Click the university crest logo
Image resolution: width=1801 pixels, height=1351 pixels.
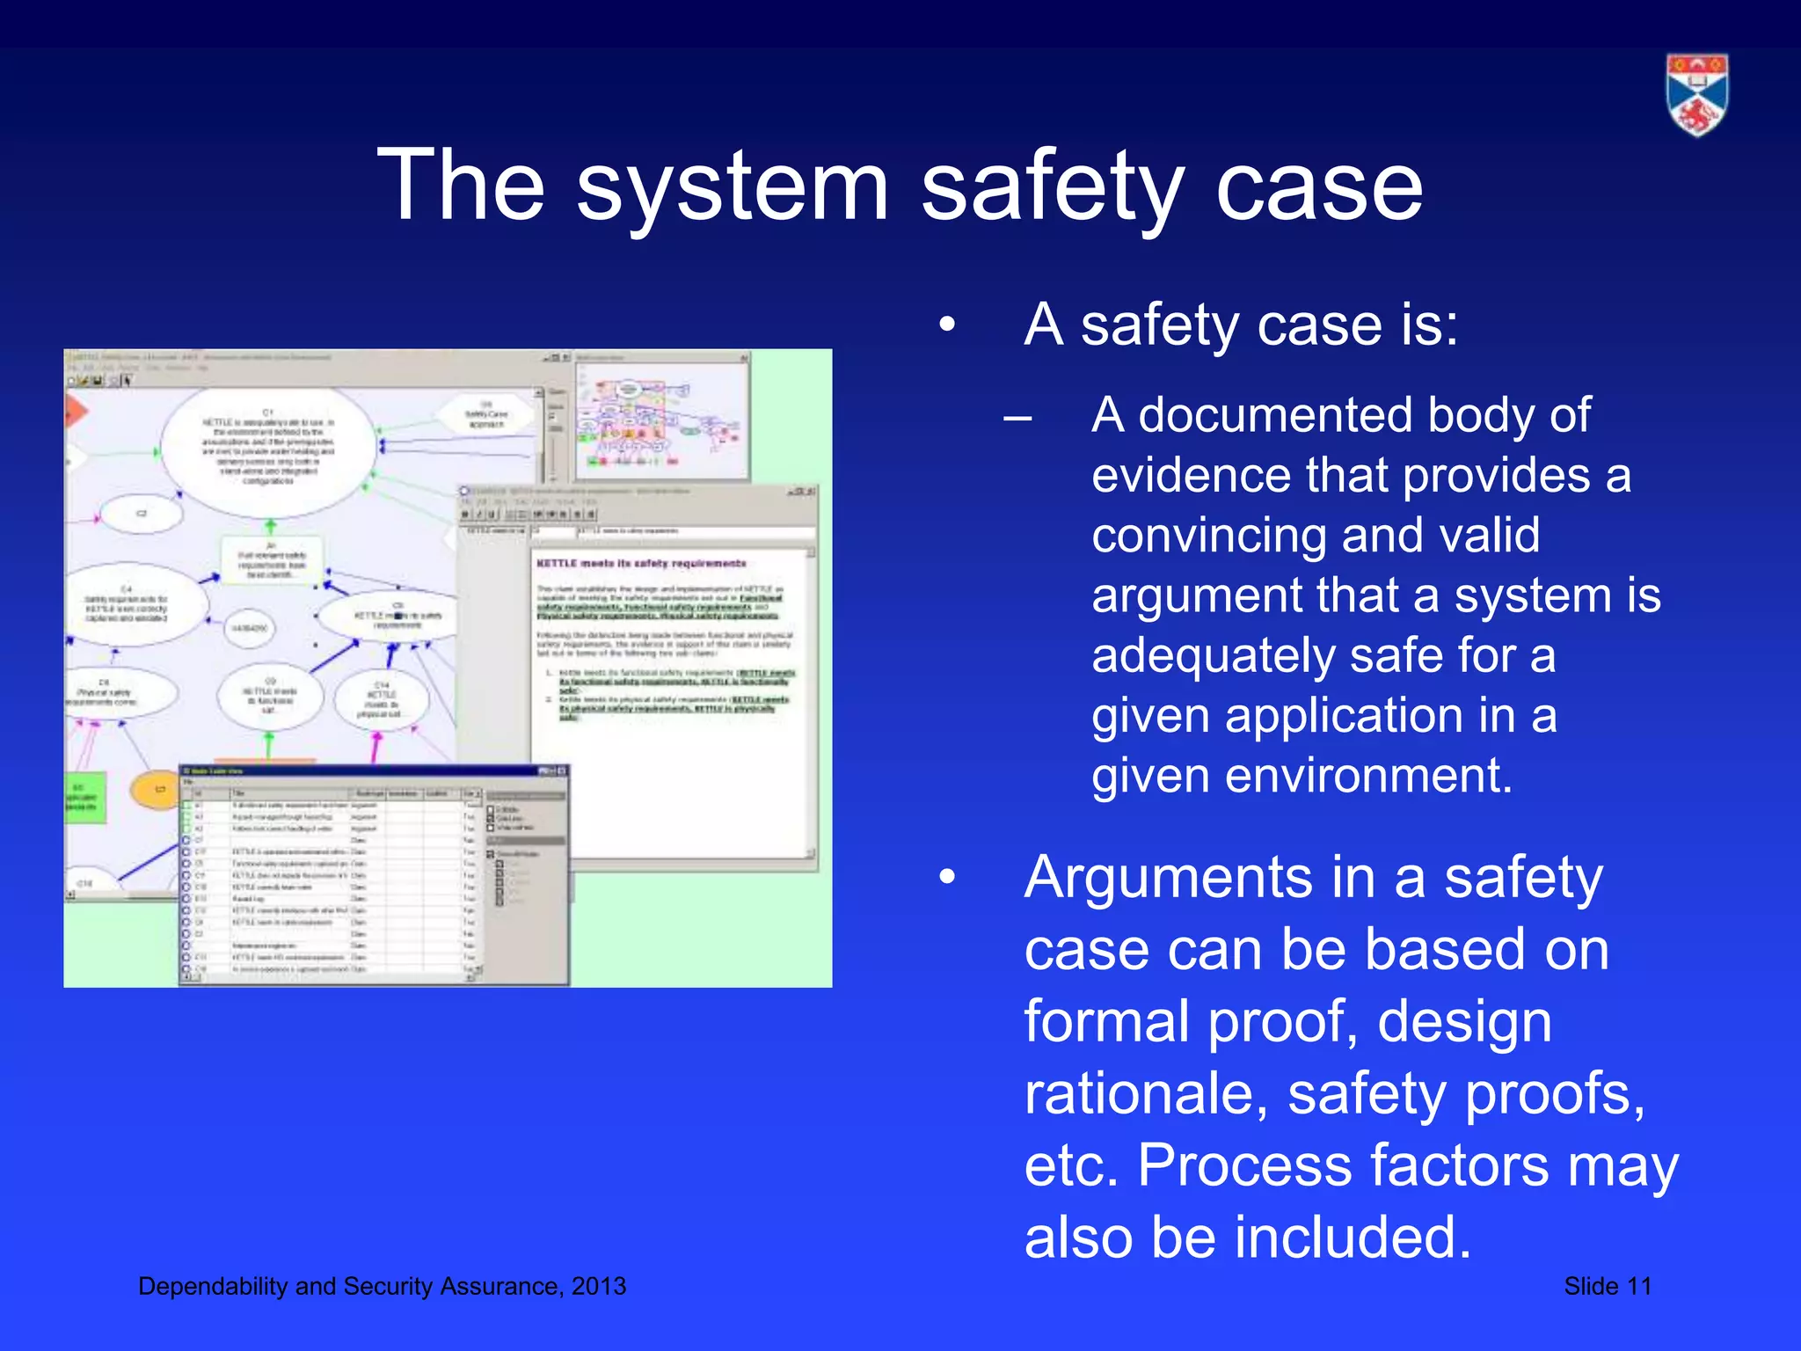point(1696,95)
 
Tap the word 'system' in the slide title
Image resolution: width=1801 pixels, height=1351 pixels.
point(732,186)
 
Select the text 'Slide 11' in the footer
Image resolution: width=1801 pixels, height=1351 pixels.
point(1607,1286)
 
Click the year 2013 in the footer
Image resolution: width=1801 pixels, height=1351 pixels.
point(598,1286)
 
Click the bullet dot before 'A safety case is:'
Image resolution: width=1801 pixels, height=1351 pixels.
point(946,325)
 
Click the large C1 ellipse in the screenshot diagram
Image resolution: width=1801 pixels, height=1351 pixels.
point(268,449)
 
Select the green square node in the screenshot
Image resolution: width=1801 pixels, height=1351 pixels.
point(85,797)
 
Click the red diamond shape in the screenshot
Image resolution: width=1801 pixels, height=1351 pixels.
point(75,412)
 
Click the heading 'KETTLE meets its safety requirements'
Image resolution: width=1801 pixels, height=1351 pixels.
point(641,563)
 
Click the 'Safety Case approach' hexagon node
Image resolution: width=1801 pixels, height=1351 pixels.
point(485,414)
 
